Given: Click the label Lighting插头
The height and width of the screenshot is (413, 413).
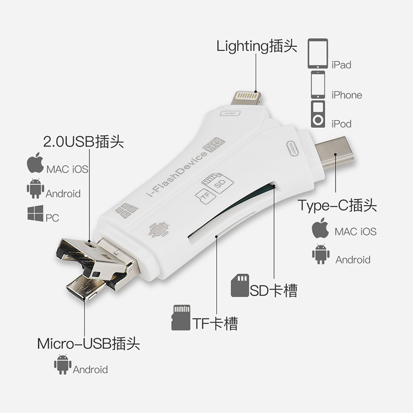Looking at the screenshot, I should [x=257, y=46].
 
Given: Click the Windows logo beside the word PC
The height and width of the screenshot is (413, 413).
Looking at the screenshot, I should [x=35, y=214].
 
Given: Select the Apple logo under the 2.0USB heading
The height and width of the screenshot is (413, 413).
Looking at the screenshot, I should [x=35, y=165].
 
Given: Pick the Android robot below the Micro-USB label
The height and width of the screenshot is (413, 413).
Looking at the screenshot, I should [x=62, y=364].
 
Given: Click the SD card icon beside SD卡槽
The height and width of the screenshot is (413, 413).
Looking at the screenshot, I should [x=240, y=285].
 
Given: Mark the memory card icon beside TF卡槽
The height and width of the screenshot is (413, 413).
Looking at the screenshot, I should [x=180, y=317].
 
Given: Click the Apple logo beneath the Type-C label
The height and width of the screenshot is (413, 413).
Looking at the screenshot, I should [x=321, y=228].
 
